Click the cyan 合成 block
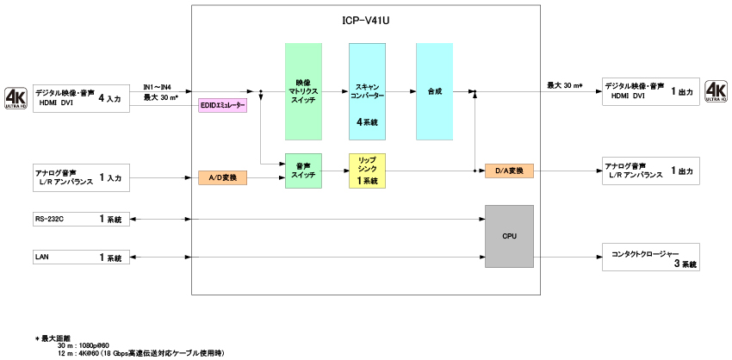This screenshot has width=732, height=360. click(x=434, y=90)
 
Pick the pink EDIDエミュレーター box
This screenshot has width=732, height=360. click(x=223, y=105)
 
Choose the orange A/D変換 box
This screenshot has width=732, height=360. click(x=223, y=177)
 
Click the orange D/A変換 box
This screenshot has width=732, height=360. click(x=509, y=171)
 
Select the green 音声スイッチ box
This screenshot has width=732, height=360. click(x=303, y=170)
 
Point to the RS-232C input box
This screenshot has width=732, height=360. click(x=81, y=220)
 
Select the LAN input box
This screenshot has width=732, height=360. click(x=81, y=257)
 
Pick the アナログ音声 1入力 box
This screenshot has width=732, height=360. click(x=81, y=177)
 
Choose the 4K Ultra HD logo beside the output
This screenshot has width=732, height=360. click(x=716, y=91)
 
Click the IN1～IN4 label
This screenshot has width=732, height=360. click(x=157, y=87)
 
